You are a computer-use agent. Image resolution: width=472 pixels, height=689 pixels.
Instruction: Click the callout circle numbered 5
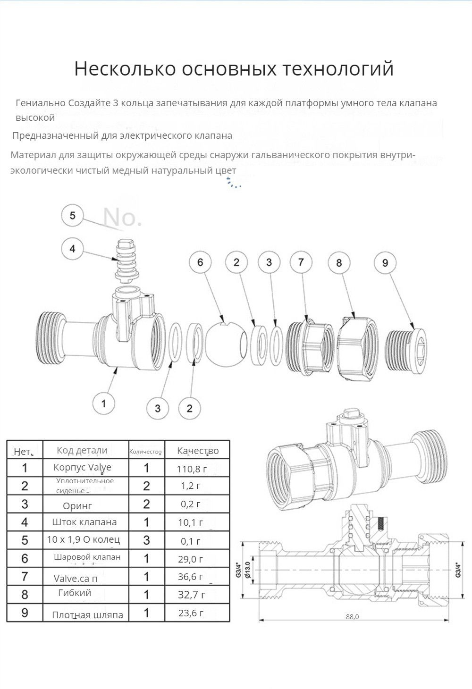click(x=72, y=216)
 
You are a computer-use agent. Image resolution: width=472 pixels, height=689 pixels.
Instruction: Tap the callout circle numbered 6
click(x=200, y=262)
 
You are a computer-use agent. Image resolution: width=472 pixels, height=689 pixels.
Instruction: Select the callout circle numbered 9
click(x=385, y=262)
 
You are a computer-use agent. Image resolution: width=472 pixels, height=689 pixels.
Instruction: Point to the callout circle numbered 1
click(x=104, y=403)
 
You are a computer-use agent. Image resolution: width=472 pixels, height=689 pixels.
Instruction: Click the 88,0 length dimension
click(x=352, y=617)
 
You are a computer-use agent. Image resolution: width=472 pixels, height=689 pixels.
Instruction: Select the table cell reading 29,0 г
click(x=191, y=559)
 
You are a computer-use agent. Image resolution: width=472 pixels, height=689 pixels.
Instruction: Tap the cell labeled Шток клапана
click(x=84, y=522)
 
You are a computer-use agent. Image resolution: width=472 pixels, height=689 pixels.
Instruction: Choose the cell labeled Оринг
click(x=77, y=505)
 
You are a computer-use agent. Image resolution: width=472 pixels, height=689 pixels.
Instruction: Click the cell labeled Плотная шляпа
click(x=87, y=615)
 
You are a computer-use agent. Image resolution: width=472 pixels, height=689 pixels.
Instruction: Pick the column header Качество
click(x=198, y=451)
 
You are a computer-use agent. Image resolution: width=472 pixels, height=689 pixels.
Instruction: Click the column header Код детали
click(x=82, y=450)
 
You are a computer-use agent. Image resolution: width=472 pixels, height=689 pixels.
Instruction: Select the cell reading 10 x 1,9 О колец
click(x=84, y=539)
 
